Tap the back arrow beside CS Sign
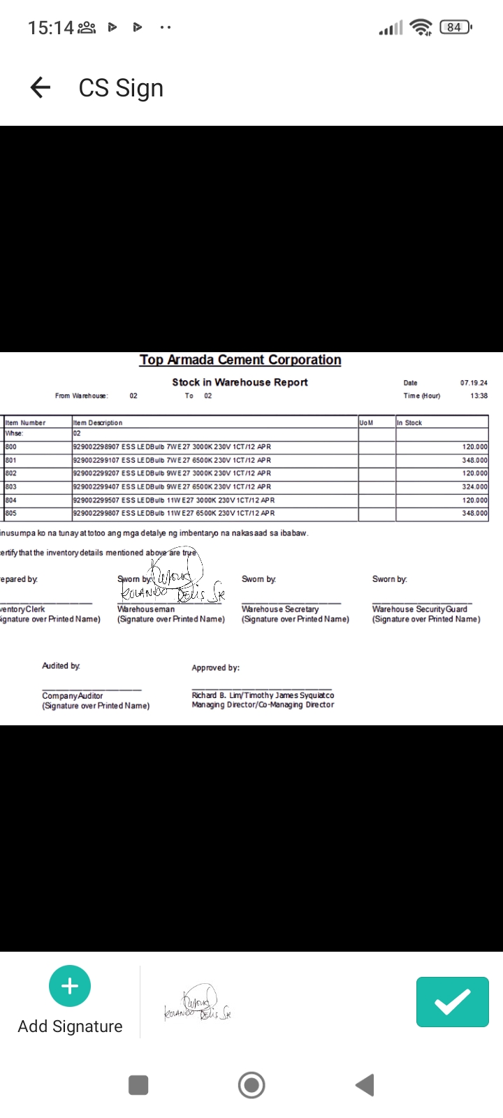pos(41,87)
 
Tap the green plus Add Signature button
pos(70,986)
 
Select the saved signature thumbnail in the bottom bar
pos(198,1003)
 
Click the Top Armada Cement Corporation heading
pos(240,360)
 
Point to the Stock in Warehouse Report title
pos(240,382)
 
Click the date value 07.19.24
pos(474,383)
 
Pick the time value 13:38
pos(479,395)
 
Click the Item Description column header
pos(98,423)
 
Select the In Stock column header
pos(409,423)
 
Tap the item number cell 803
pos(11,486)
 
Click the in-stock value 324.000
pos(474,486)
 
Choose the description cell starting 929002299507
pos(174,500)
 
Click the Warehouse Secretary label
pos(280,609)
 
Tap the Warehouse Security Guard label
pos(420,609)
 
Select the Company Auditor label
pos(73,696)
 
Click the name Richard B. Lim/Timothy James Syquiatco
pos(263,695)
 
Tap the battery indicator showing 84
pos(455,27)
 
